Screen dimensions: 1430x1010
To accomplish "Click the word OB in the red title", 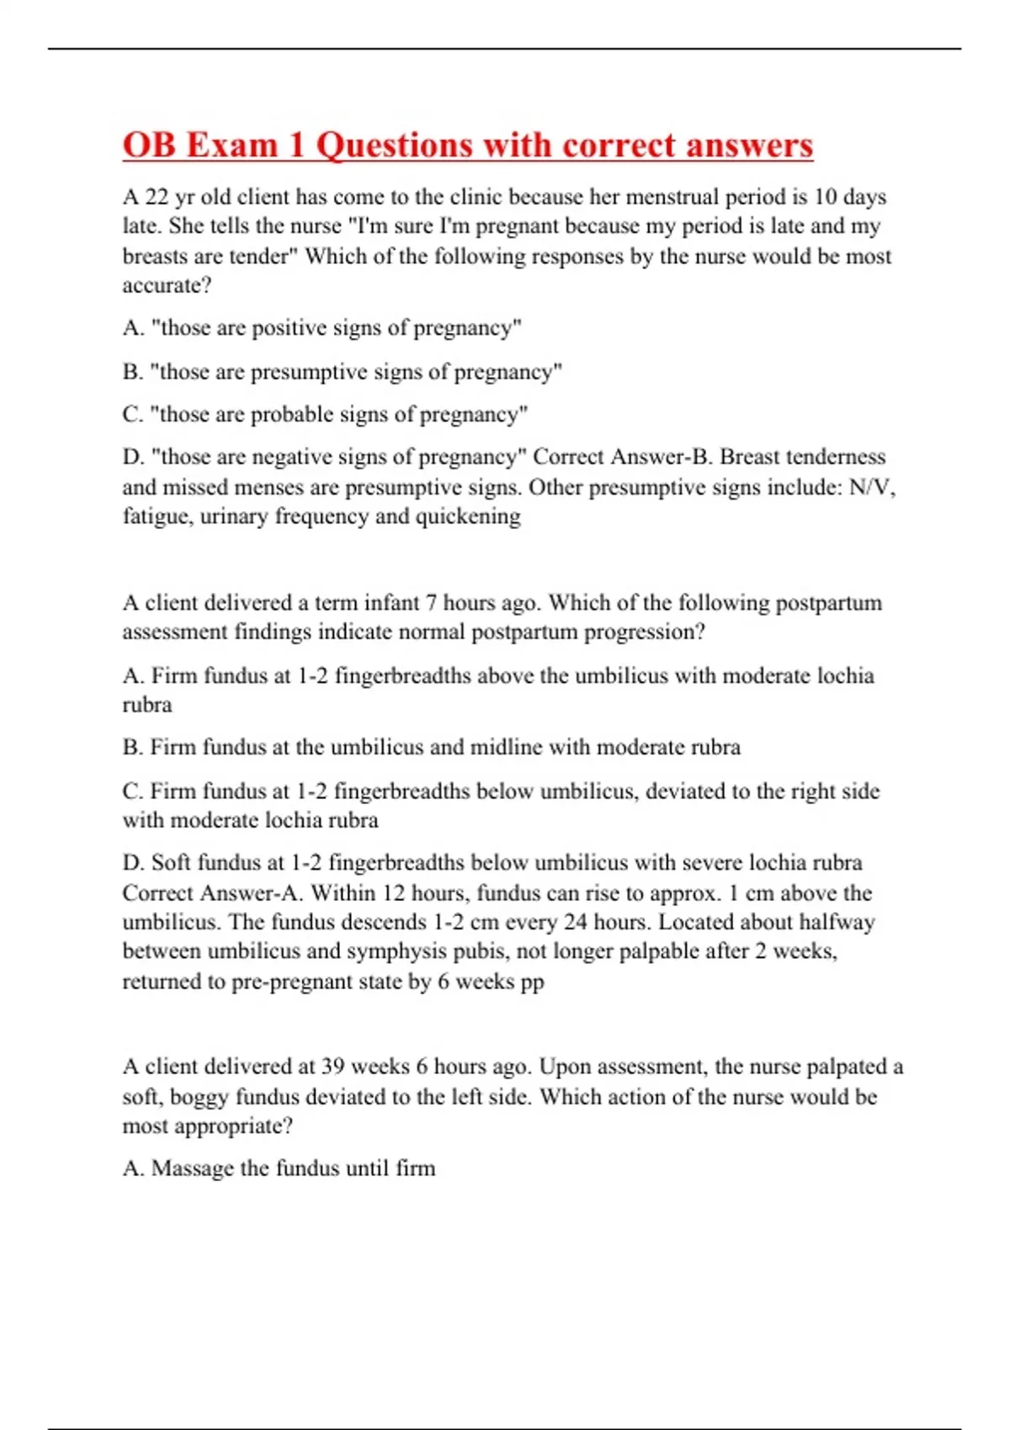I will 149,145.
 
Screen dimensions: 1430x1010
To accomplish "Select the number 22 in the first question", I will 157,197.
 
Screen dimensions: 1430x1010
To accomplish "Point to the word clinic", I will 476,197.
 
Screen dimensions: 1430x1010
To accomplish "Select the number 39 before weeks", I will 332,1067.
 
